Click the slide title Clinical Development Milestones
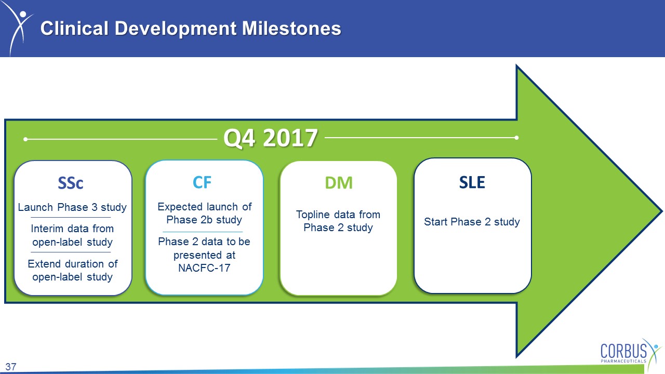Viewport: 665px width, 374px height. pyautogui.click(x=191, y=29)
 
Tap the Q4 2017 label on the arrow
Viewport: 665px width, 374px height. pyautogui.click(x=271, y=138)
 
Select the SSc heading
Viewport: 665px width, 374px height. pyautogui.click(x=70, y=183)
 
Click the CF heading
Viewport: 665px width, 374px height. pyautogui.click(x=202, y=182)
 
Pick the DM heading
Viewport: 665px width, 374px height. pyautogui.click(x=339, y=182)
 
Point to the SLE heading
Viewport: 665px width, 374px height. pyautogui.click(x=472, y=182)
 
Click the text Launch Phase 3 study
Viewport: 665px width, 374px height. pyautogui.click(x=72, y=207)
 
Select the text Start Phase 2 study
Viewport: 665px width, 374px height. pyautogui.click(x=472, y=222)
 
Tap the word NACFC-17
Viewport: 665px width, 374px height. pyautogui.click(x=204, y=268)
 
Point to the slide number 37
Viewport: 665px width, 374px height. pyautogui.click(x=11, y=367)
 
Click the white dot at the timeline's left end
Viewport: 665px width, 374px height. pyautogui.click(x=25, y=139)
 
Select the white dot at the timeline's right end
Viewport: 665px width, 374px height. pyautogui.click(x=516, y=138)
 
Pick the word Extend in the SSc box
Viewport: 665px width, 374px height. pyautogui.click(x=45, y=263)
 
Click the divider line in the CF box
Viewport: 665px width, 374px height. pyautogui.click(x=203, y=232)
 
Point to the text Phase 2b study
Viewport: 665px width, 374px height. pyautogui.click(x=204, y=220)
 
